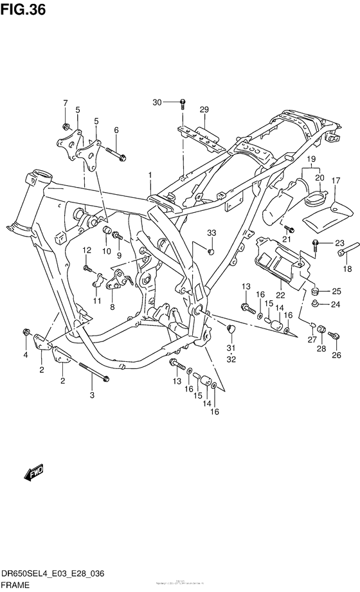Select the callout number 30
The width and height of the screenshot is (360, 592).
pos(157,102)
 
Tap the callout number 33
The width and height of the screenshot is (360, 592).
pos(212,232)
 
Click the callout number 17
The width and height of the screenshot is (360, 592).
pos(335,182)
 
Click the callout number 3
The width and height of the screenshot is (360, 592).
pos(92,395)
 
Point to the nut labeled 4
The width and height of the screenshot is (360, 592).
pos(25,332)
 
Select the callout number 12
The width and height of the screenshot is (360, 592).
pos(86,250)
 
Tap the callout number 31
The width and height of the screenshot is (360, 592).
pos(231,348)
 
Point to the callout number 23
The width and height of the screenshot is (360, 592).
pos(340,243)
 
